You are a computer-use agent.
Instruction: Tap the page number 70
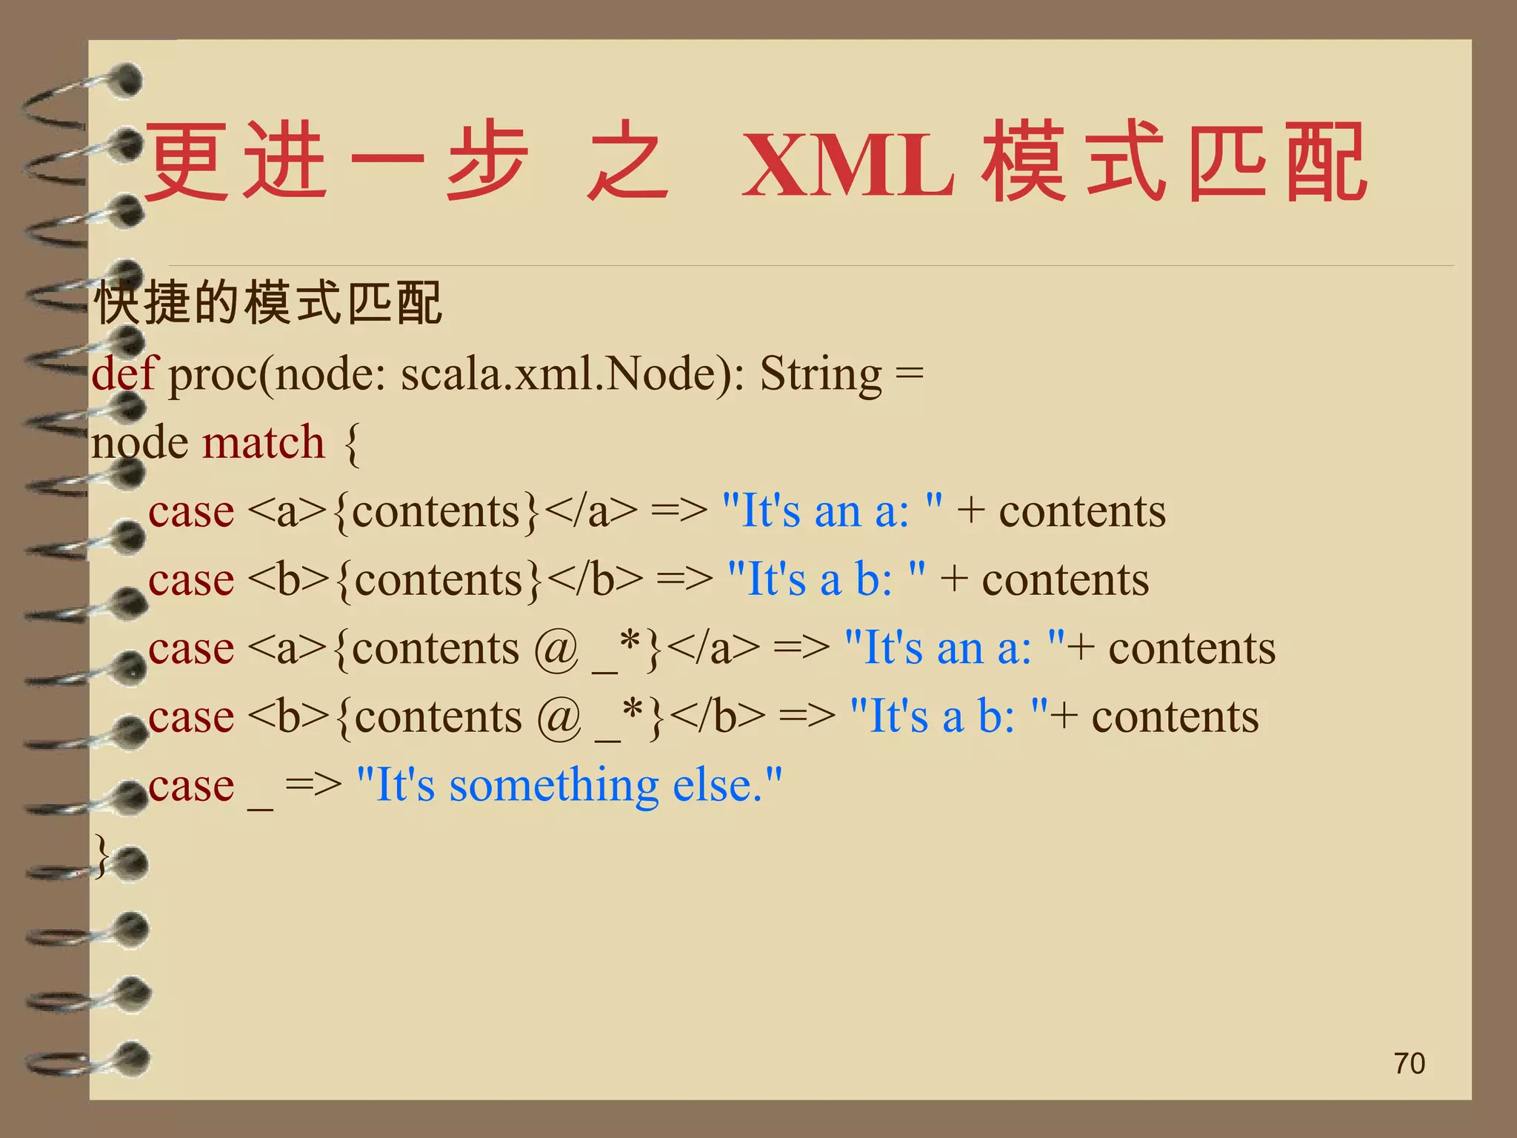[x=1409, y=1063]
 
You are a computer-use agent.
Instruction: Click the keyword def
[x=124, y=373]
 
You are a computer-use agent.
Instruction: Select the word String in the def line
[x=821, y=374]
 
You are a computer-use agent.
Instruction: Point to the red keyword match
[x=263, y=442]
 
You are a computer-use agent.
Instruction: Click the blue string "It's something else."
[x=569, y=785]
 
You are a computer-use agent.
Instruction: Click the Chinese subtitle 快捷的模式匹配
[x=268, y=303]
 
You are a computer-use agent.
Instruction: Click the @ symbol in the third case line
[x=556, y=648]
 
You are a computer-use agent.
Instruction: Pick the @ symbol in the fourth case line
[x=559, y=717]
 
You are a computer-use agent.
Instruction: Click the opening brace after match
[x=353, y=444]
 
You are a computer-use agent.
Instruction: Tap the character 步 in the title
[x=487, y=162]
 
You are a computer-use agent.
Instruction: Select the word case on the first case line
[x=191, y=512]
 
